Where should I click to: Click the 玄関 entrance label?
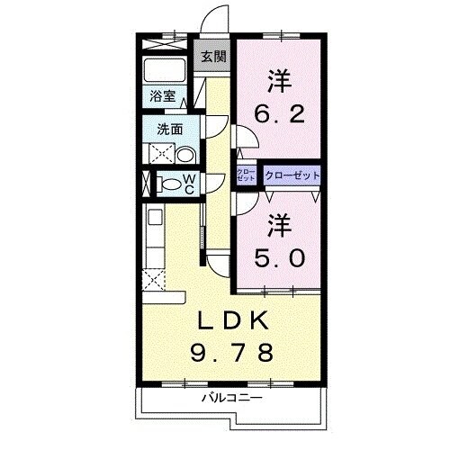(x=213, y=56)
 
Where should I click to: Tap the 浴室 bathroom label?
(x=162, y=94)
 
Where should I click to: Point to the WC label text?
(x=190, y=184)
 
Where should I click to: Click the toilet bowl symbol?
(x=169, y=185)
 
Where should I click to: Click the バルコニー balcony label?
(x=231, y=397)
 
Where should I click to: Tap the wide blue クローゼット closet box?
(x=292, y=175)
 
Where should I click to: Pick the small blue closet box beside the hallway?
(x=246, y=175)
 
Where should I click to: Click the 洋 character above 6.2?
(x=277, y=80)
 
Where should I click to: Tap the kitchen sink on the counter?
(x=153, y=217)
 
